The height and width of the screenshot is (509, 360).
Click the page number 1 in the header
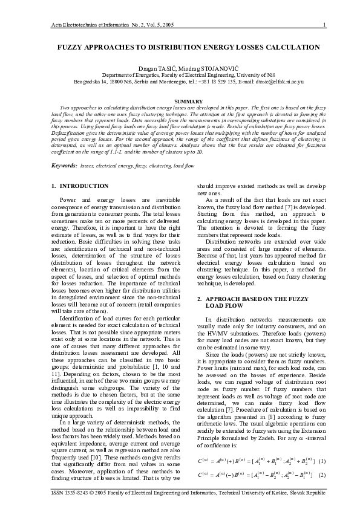coord(325,25)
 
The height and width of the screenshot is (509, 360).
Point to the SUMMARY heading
coord(180,101)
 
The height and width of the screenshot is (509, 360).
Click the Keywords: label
coord(64,165)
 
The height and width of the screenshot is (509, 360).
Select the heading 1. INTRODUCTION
coord(80,186)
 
